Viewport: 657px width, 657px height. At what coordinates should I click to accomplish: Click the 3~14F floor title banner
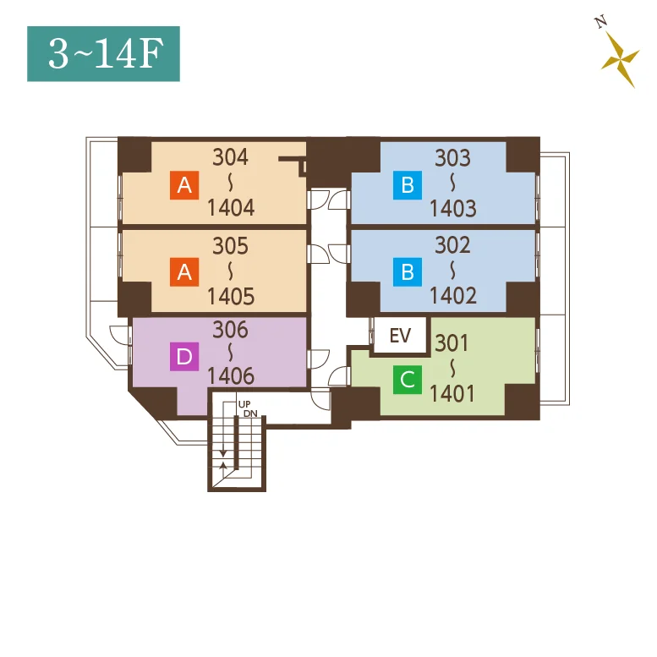tap(103, 53)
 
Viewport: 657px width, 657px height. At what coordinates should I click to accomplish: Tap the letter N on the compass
tap(601, 21)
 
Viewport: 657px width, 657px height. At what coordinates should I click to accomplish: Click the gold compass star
tap(620, 59)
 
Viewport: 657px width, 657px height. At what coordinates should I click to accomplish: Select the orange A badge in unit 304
tap(184, 185)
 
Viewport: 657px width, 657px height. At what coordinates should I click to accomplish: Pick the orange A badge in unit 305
tap(184, 272)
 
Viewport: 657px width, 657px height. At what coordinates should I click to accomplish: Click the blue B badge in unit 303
tap(408, 185)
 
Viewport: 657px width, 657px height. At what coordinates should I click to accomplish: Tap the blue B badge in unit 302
tap(408, 272)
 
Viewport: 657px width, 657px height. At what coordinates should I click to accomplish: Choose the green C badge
tap(408, 380)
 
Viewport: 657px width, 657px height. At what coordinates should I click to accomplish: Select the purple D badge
tap(184, 357)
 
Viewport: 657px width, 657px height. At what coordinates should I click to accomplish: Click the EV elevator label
tap(400, 336)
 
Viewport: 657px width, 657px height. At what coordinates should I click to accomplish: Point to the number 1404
tap(231, 208)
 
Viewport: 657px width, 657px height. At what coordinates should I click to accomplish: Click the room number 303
tap(452, 158)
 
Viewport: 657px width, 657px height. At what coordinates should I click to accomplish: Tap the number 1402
tap(453, 296)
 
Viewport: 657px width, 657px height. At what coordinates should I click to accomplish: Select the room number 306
tap(231, 330)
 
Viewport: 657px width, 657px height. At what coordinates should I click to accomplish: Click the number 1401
tap(452, 394)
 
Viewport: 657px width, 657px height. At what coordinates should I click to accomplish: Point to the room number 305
tap(231, 246)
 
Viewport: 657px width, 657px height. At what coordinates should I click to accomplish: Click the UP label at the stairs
tap(244, 404)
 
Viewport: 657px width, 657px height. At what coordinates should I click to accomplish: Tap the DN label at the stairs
tap(250, 413)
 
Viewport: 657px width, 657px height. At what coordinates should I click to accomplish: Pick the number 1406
tap(231, 376)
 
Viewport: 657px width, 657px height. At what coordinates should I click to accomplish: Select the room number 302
tap(452, 245)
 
